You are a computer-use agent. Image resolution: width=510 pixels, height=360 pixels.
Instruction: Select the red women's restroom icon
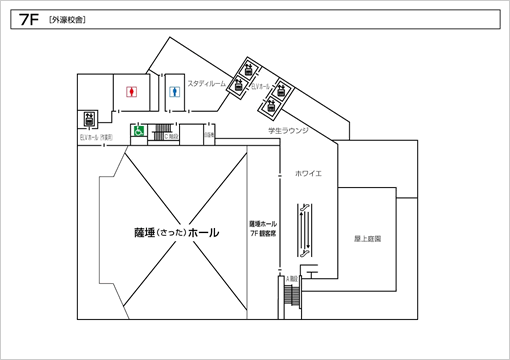(x=131, y=90)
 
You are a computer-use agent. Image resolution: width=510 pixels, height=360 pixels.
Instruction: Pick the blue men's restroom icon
(x=176, y=90)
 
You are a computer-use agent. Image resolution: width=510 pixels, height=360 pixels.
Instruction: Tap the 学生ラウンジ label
(x=287, y=130)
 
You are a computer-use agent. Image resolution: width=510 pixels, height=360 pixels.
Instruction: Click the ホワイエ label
(x=307, y=173)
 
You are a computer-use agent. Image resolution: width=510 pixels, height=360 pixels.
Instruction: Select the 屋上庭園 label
(x=368, y=239)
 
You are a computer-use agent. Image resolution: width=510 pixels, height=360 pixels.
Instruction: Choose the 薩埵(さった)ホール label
(x=176, y=232)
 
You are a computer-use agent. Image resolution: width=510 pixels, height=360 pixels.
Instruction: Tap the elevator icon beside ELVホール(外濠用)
(x=90, y=119)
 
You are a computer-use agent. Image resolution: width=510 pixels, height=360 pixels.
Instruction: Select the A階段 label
(x=292, y=277)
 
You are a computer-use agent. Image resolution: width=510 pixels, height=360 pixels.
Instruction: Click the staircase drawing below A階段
(x=292, y=295)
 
